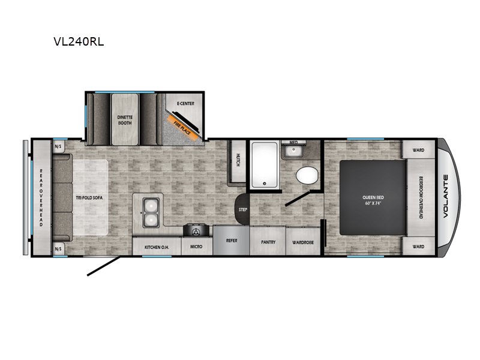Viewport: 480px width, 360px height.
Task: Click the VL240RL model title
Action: (x=79, y=43)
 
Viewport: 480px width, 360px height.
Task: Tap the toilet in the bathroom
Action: (x=307, y=175)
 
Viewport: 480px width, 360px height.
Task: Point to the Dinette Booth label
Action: (x=125, y=118)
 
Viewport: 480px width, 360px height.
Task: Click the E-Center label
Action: (x=185, y=104)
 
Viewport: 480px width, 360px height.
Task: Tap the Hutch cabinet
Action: (x=238, y=160)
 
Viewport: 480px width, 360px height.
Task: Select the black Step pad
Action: (x=242, y=209)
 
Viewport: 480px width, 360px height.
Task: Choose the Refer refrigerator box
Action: (x=232, y=240)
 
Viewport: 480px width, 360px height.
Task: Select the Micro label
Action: (x=196, y=246)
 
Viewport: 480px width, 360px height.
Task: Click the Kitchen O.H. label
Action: (x=151, y=246)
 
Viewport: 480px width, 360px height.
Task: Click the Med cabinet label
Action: (x=293, y=143)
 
